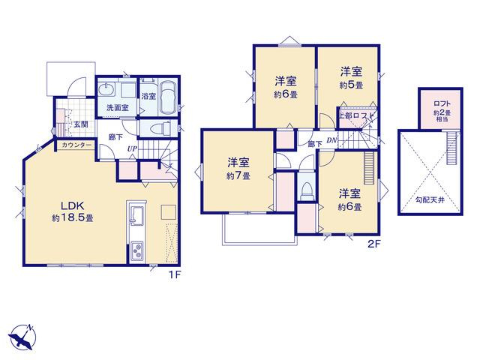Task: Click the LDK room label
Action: pyautogui.click(x=73, y=205)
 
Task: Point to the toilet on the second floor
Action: pyautogui.click(x=306, y=190)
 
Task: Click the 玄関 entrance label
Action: pyautogui.click(x=82, y=124)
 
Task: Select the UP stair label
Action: pyautogui.click(x=132, y=148)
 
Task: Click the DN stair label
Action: pyautogui.click(x=331, y=140)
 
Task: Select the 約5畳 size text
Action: pyautogui.click(x=351, y=85)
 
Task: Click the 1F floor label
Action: pyautogui.click(x=174, y=275)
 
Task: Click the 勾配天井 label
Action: pyautogui.click(x=430, y=200)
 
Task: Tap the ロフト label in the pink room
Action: pyautogui.click(x=442, y=103)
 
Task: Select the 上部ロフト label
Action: pyautogui.click(x=356, y=115)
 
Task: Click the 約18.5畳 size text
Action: pyautogui.click(x=73, y=218)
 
